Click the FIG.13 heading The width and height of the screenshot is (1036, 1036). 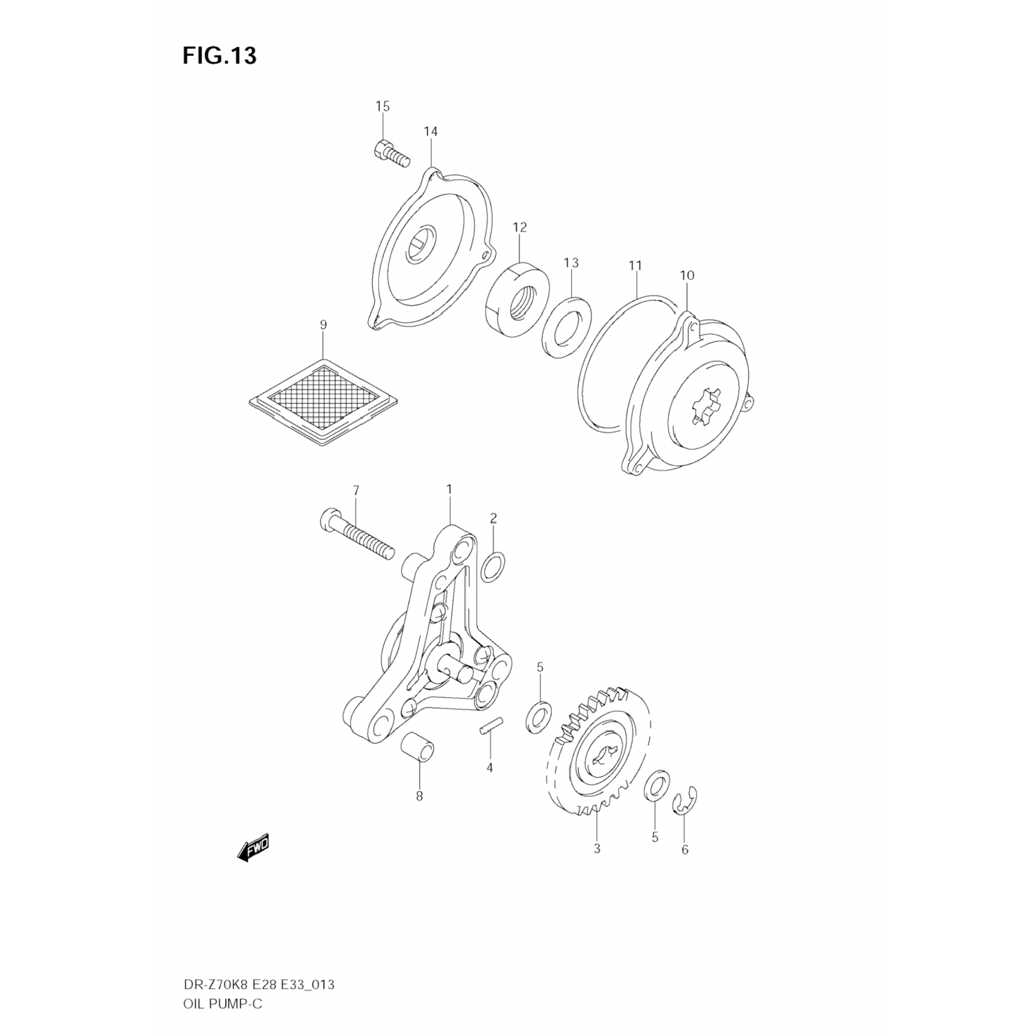point(220,55)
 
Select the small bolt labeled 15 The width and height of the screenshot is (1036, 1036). point(391,154)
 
